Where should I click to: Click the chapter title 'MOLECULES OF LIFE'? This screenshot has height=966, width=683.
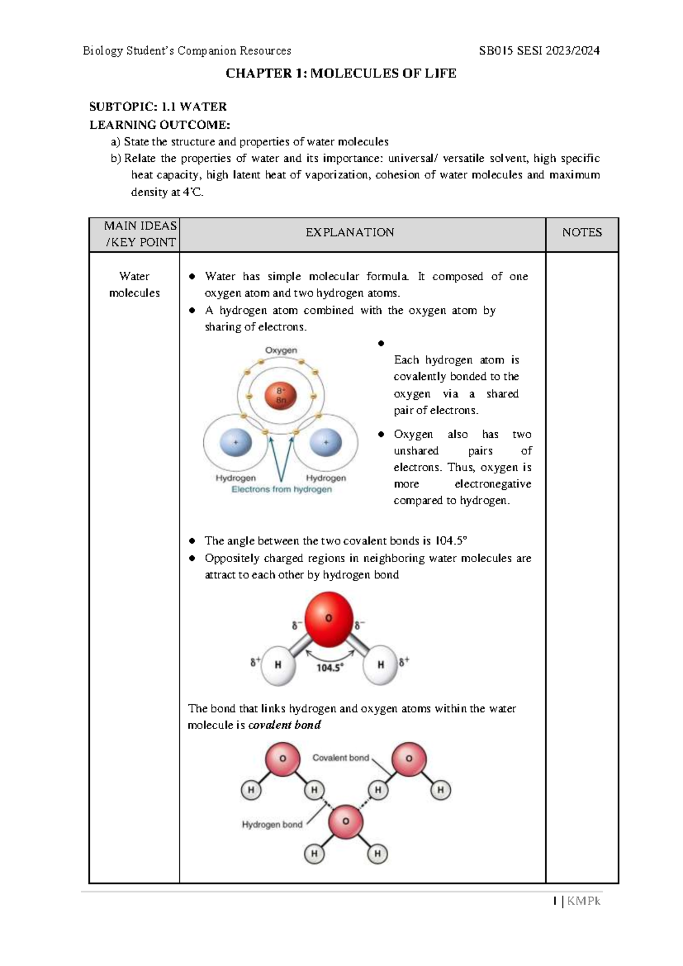pos(383,73)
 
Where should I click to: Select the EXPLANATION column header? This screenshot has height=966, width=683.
pos(349,232)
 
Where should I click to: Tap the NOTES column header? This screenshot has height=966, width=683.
pos(582,232)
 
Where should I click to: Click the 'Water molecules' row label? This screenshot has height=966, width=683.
pos(134,284)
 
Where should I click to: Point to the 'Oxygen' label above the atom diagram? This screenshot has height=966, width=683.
pos(281,350)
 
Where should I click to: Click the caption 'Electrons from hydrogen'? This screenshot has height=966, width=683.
pos(281,489)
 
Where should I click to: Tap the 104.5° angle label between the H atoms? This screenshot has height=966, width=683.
pos(330,668)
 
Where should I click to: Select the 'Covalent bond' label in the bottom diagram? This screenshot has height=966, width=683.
pos(340,758)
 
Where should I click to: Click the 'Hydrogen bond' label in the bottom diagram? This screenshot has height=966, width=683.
pos(272,825)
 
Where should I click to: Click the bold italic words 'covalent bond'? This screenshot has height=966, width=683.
pos(285,725)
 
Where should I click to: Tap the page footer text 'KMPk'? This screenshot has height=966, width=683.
pos(583,902)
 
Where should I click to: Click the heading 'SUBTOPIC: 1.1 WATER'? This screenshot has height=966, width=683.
pos(158,107)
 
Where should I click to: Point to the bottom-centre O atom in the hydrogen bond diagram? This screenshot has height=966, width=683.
pos(345,822)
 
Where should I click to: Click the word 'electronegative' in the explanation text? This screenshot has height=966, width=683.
pos(492,484)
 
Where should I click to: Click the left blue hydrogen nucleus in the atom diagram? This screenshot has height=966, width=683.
pos(235,443)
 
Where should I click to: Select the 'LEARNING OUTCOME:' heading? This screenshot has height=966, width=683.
pos(160,125)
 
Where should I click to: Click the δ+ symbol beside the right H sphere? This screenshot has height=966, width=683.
pos(404,662)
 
